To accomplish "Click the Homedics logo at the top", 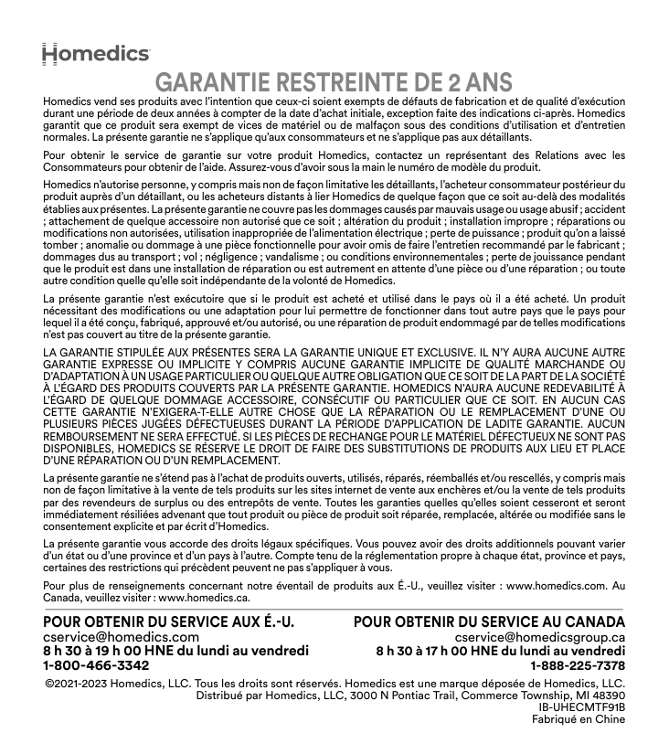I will [96, 53].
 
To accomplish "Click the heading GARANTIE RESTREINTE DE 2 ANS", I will [334, 82].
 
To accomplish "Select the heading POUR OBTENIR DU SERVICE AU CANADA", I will [489, 622].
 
